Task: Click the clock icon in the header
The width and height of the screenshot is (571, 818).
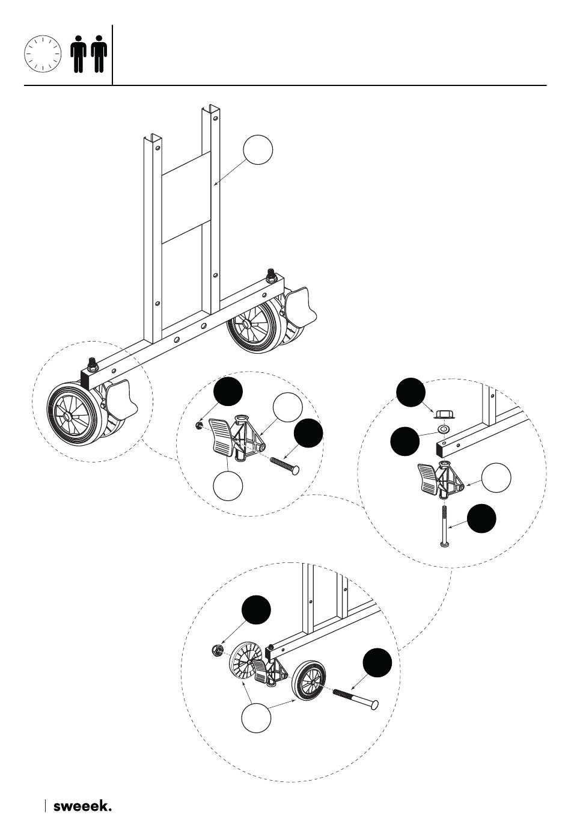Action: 43,54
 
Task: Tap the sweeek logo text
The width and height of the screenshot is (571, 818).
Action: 82,802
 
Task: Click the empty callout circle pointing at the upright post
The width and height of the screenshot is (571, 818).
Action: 258,150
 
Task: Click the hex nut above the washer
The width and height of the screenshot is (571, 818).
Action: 444,413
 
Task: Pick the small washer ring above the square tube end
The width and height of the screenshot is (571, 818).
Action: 444,428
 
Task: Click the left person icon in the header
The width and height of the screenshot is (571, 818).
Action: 78,54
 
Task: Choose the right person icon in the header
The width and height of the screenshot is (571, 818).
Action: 99,54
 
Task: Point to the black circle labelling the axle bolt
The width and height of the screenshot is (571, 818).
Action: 377,662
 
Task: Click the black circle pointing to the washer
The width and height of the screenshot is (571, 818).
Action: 405,441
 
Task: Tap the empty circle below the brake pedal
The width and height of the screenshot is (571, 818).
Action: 228,486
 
